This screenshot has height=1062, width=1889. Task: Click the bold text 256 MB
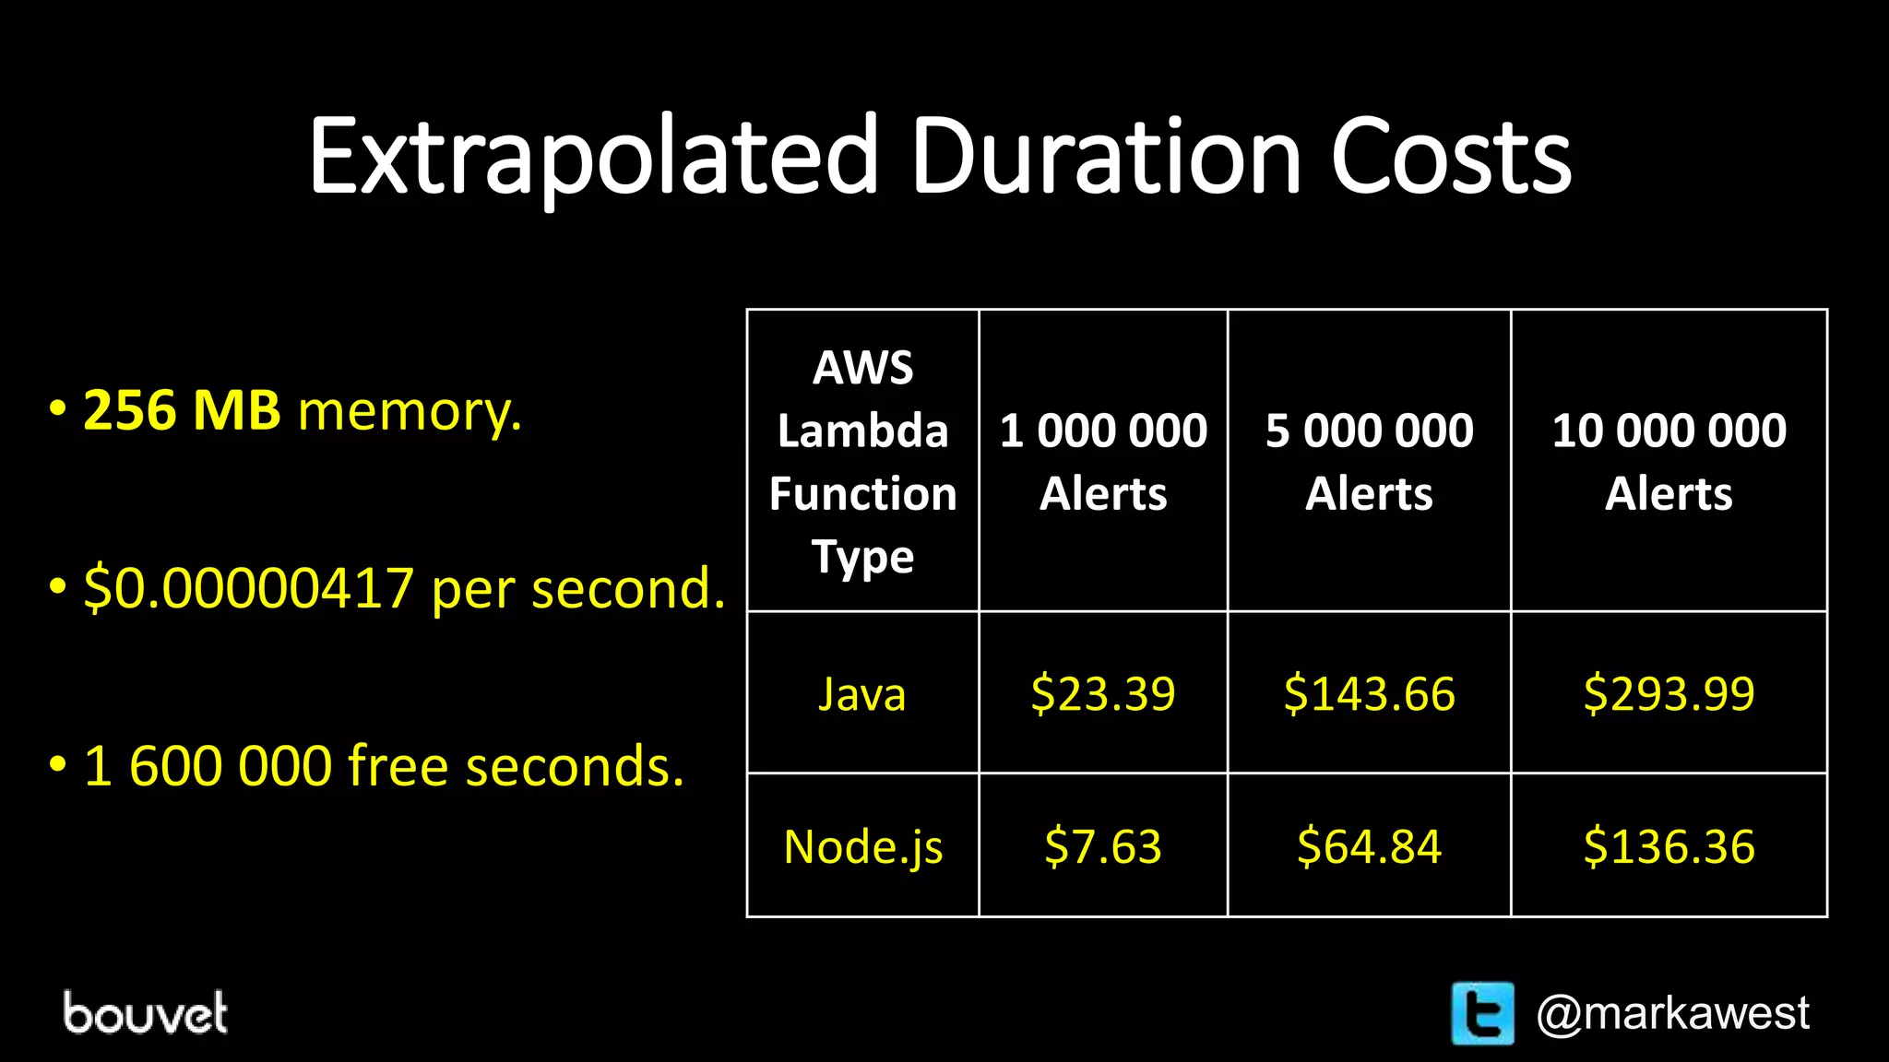(x=182, y=410)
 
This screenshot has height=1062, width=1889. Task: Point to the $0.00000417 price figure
(x=248, y=588)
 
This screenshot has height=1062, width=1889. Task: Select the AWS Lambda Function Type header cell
(x=862, y=461)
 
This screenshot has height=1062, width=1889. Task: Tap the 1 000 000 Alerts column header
(x=1103, y=461)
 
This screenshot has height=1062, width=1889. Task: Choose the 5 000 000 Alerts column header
(x=1369, y=461)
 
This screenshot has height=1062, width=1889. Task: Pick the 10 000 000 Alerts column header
(x=1669, y=461)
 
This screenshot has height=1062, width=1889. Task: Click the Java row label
(x=862, y=693)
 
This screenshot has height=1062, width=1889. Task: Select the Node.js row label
(x=862, y=846)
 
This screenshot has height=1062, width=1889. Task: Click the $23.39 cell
(x=1103, y=693)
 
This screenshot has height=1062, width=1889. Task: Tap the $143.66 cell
(x=1369, y=693)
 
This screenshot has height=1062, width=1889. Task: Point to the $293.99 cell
(x=1669, y=693)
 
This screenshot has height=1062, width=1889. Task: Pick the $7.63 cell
(x=1103, y=846)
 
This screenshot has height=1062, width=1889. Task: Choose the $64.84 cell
(x=1369, y=846)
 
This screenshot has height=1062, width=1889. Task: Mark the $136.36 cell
(x=1669, y=846)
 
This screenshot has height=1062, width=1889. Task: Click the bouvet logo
(x=145, y=1013)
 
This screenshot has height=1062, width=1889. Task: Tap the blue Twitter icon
(x=1482, y=1013)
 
